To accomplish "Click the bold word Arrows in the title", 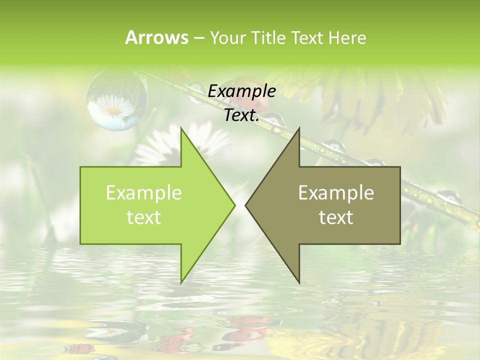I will point(156,37).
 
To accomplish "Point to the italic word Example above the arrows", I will point(241,91).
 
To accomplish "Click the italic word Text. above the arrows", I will point(241,115).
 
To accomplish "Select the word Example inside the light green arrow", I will point(143,192).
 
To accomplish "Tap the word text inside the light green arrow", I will point(143,217).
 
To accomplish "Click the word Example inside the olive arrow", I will point(336,192).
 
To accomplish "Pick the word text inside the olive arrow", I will point(336,217).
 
